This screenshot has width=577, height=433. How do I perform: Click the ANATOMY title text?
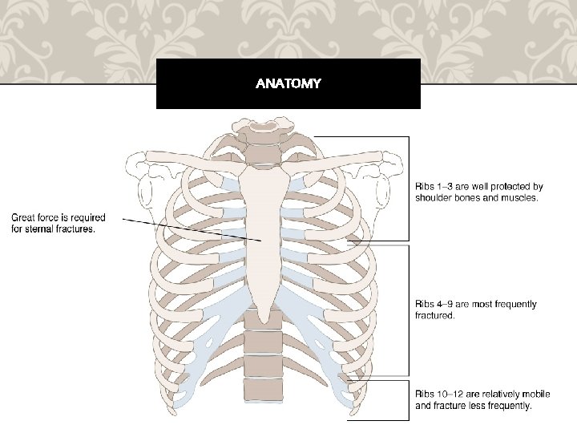pyautogui.click(x=288, y=83)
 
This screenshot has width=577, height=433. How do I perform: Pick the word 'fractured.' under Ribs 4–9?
pyautogui.click(x=434, y=315)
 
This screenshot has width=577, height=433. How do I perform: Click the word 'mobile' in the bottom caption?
pyautogui.click(x=535, y=395)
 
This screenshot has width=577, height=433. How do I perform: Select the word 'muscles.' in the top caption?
pyautogui.click(x=520, y=197)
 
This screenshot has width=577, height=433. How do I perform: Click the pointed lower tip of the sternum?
pyautogui.click(x=263, y=318)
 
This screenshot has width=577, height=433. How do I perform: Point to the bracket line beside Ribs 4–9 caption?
pyautogui.click(x=409, y=309)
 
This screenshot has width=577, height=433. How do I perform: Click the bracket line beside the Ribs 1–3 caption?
pyautogui.click(x=409, y=188)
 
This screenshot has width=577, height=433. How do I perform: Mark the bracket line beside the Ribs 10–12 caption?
pyautogui.click(x=409, y=399)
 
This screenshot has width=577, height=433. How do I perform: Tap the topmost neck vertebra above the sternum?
pyautogui.click(x=261, y=127)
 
